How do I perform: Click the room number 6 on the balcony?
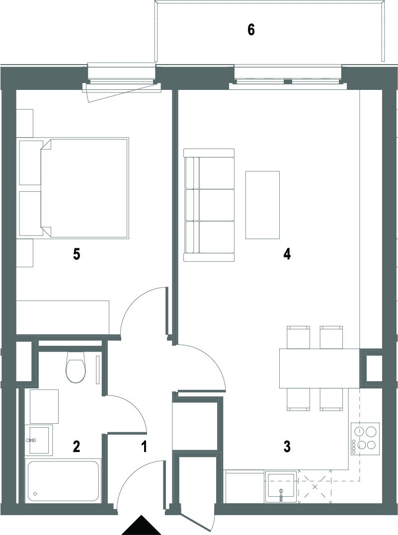click(x=251, y=30)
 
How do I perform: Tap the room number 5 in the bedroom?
click(x=77, y=254)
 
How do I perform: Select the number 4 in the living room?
click(x=287, y=254)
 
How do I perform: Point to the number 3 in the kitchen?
click(x=287, y=446)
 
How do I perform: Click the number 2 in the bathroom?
click(x=77, y=446)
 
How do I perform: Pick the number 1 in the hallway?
click(x=144, y=446)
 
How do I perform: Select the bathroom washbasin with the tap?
click(x=39, y=440)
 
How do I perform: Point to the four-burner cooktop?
click(x=365, y=439)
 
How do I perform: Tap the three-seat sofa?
click(x=209, y=205)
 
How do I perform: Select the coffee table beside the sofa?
click(x=262, y=205)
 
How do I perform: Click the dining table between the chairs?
click(x=319, y=368)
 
